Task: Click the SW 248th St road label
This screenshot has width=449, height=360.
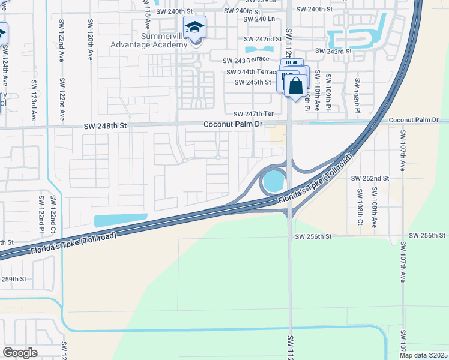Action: click(106, 126)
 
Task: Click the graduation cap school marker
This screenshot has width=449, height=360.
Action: click(195, 28)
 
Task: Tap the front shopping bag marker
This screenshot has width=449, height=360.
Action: click(295, 85)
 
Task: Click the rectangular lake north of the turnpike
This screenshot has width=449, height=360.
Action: click(120, 220)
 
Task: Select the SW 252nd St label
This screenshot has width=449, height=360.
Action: click(370, 178)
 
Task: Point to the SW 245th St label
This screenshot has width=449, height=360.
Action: click(252, 82)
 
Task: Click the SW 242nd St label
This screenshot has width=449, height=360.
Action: click(264, 39)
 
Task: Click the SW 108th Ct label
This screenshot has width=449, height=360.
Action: click(360, 205)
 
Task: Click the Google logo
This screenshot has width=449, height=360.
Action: click(20, 352)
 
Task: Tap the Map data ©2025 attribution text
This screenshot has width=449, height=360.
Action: click(423, 355)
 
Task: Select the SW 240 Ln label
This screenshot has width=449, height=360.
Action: click(259, 19)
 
